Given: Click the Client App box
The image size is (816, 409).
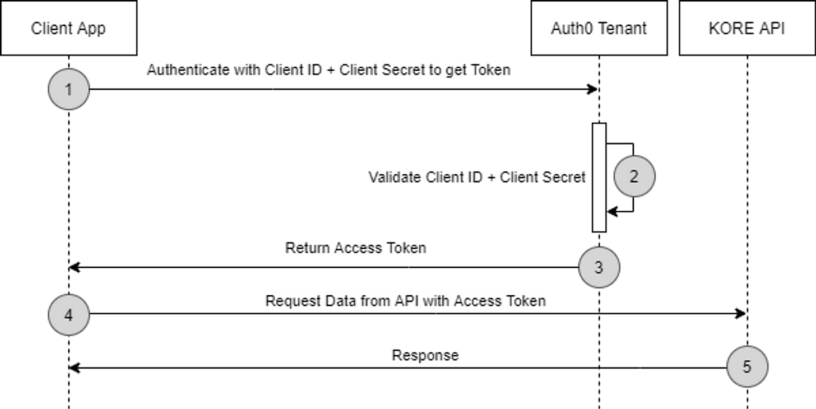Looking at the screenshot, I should (x=68, y=28).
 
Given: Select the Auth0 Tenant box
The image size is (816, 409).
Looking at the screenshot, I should (x=599, y=28).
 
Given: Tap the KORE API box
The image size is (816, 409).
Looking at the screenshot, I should (x=747, y=28).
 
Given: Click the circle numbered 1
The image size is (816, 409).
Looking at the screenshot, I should (x=68, y=89).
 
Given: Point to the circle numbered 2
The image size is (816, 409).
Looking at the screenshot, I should (x=634, y=176).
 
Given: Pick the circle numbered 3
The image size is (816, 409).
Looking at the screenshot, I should (x=599, y=268).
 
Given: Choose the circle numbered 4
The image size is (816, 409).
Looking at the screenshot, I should (x=68, y=315).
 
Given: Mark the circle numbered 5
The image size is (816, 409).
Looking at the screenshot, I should (x=747, y=367).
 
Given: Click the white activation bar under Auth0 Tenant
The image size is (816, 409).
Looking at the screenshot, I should (x=599, y=177).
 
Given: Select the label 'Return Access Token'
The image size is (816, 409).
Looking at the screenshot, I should (x=356, y=248).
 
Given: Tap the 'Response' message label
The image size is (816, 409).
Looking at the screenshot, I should (x=425, y=355).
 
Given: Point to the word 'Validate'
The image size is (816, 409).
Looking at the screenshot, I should (x=395, y=177).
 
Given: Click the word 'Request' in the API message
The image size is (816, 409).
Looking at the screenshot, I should (x=291, y=301).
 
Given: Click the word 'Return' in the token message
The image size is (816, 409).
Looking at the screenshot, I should (x=308, y=248).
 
